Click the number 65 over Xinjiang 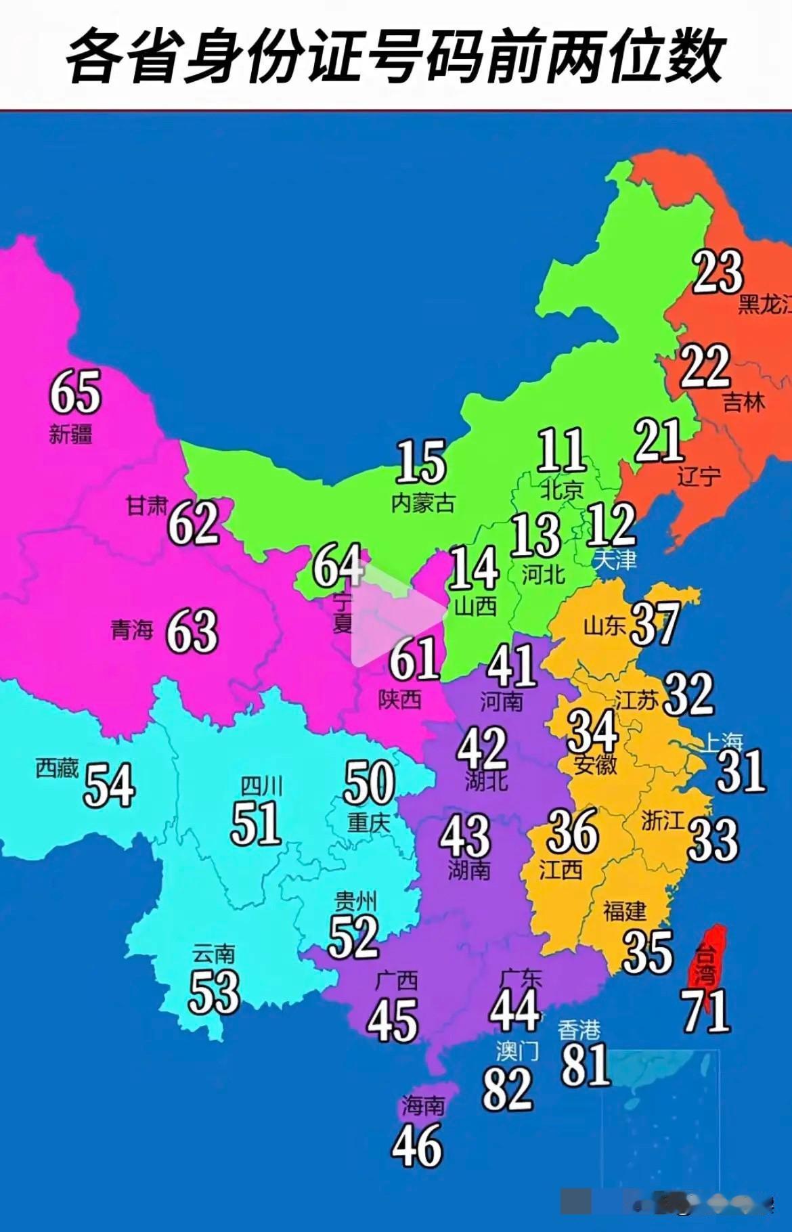(x=75, y=392)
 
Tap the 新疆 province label (x=70, y=434)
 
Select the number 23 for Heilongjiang (x=718, y=272)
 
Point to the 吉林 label (x=744, y=403)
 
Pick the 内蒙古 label (x=423, y=503)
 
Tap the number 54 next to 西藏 (x=109, y=785)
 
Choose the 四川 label (x=261, y=786)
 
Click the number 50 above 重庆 (x=369, y=783)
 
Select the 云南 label (x=213, y=954)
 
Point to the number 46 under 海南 (x=417, y=1145)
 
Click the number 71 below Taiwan (x=707, y=1011)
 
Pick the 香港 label (x=579, y=1030)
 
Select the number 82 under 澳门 (x=507, y=1089)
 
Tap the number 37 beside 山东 (x=655, y=624)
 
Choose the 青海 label (x=132, y=630)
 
